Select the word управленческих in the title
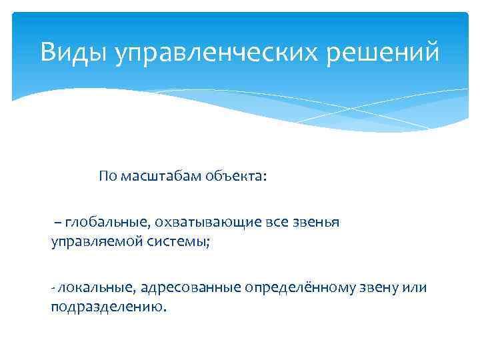click(221, 52)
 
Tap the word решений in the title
click(387, 52)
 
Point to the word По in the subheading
click(107, 177)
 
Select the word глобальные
click(101, 223)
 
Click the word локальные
click(96, 287)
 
